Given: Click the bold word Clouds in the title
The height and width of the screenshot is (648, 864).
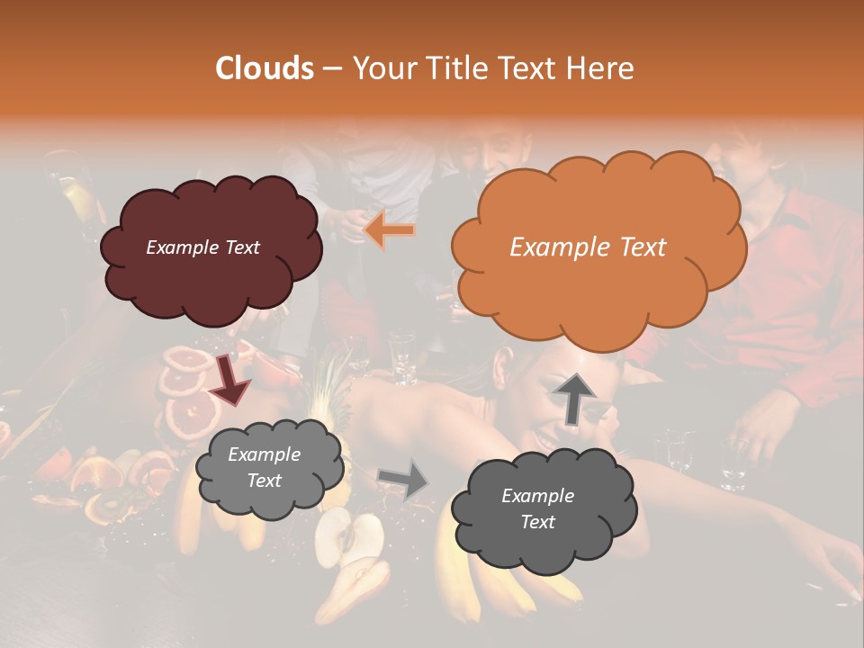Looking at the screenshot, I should coord(265,68).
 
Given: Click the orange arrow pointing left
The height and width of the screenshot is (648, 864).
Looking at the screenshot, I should coord(390,230).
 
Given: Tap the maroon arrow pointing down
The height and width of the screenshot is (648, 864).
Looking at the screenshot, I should coord(229,379).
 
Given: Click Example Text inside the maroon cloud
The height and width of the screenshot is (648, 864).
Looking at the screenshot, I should coord(202,247).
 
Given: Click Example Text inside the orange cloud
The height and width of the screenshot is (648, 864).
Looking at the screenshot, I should coord(588,247).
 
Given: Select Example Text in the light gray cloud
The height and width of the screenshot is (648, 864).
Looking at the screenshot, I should coord(264,468).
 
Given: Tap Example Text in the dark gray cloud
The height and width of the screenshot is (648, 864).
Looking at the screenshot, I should coord(537,508).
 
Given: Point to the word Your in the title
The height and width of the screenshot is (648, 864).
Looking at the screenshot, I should coord(377,68).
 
